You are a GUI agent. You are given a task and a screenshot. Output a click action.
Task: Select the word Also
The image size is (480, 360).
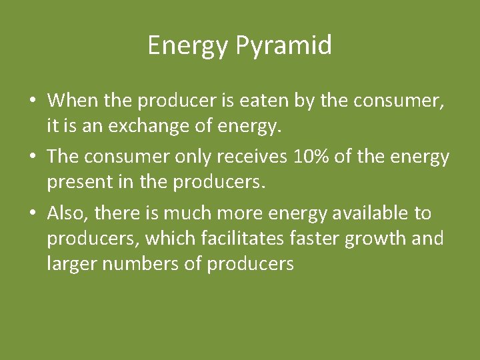68,213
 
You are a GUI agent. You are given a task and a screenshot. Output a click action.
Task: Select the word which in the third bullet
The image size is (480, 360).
166,239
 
